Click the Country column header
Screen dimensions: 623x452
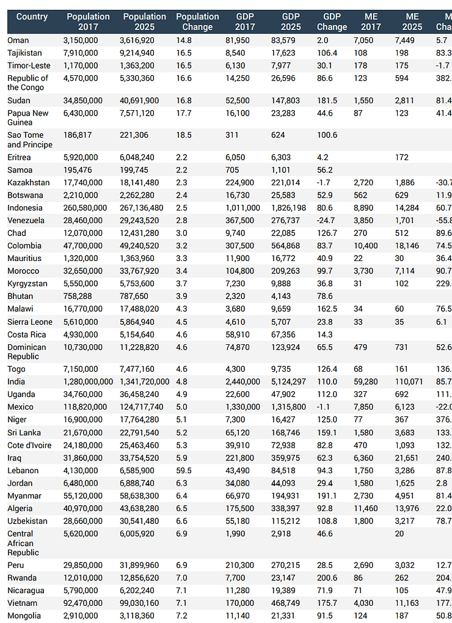click(x=32, y=17)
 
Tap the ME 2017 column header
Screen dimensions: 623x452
click(x=371, y=21)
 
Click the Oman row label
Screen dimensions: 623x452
click(x=18, y=40)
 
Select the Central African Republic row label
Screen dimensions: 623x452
click(x=23, y=543)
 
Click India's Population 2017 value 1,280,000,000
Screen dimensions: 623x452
click(x=89, y=382)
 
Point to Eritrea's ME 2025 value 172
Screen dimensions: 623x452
click(x=401, y=157)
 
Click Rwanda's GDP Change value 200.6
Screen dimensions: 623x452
click(x=327, y=577)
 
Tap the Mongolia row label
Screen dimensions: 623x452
click(x=24, y=615)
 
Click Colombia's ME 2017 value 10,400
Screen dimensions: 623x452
click(x=365, y=245)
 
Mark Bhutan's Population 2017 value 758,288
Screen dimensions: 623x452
click(x=79, y=296)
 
